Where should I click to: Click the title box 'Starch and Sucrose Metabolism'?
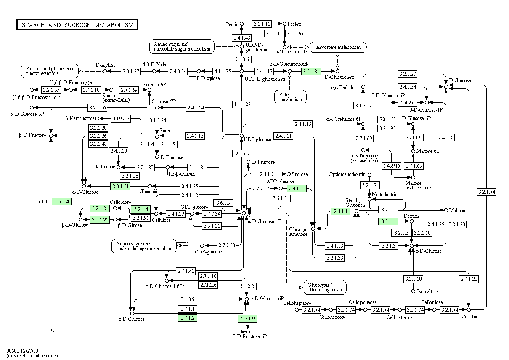[77, 24]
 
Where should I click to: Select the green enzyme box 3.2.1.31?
[311, 72]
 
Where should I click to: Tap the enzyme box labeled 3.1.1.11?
[262, 24]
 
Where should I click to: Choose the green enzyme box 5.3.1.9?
[248, 319]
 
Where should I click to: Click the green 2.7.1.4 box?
[61, 202]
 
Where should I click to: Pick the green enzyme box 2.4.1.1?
[340, 211]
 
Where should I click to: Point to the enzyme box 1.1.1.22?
[242, 104]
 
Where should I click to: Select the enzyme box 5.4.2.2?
[247, 286]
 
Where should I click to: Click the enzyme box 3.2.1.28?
[408, 74]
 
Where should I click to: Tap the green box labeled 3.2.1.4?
[141, 209]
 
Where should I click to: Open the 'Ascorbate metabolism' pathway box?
[338, 47]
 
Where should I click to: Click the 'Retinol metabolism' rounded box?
[290, 97]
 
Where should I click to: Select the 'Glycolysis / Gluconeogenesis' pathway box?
[325, 287]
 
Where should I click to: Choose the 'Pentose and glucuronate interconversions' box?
[50, 71]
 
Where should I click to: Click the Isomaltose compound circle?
[414, 291]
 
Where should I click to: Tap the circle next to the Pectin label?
[242, 24]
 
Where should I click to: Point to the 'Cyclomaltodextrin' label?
[347, 174]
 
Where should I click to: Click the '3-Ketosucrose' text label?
[80, 118]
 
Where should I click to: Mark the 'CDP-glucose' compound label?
[208, 252]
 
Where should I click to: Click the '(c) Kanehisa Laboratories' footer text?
[32, 356]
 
